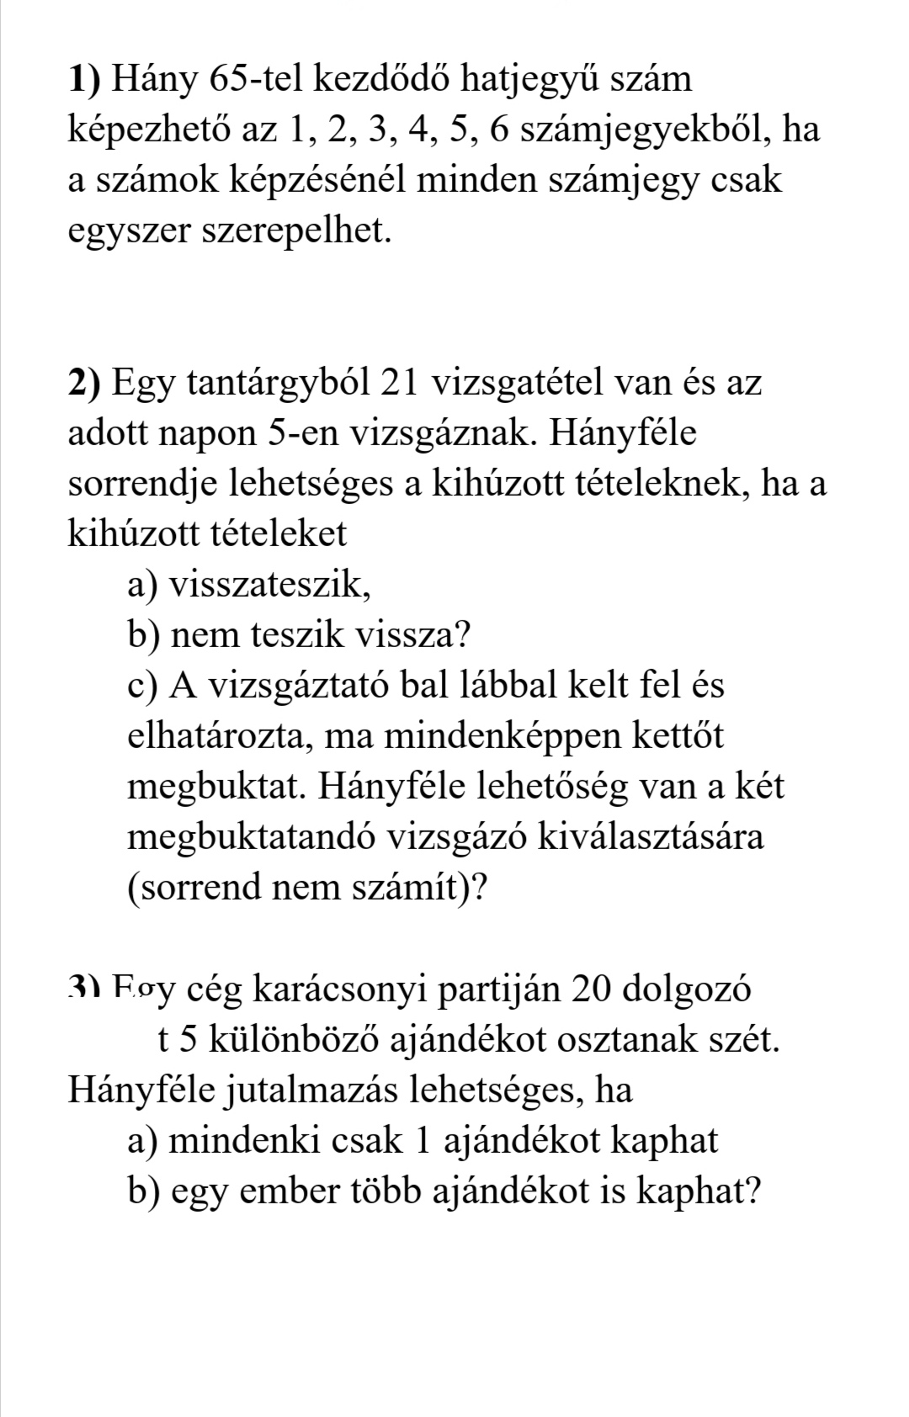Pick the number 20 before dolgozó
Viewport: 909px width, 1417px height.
pos(592,990)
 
